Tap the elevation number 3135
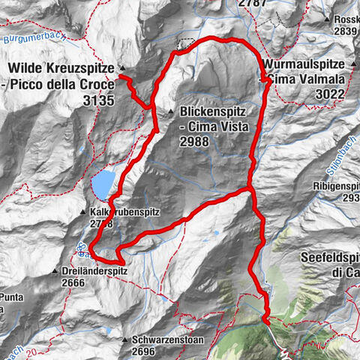tap(97, 97)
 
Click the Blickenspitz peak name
tap(214, 111)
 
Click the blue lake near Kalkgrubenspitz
tap(103, 182)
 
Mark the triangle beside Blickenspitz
tap(171, 110)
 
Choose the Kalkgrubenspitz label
tap(124, 212)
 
